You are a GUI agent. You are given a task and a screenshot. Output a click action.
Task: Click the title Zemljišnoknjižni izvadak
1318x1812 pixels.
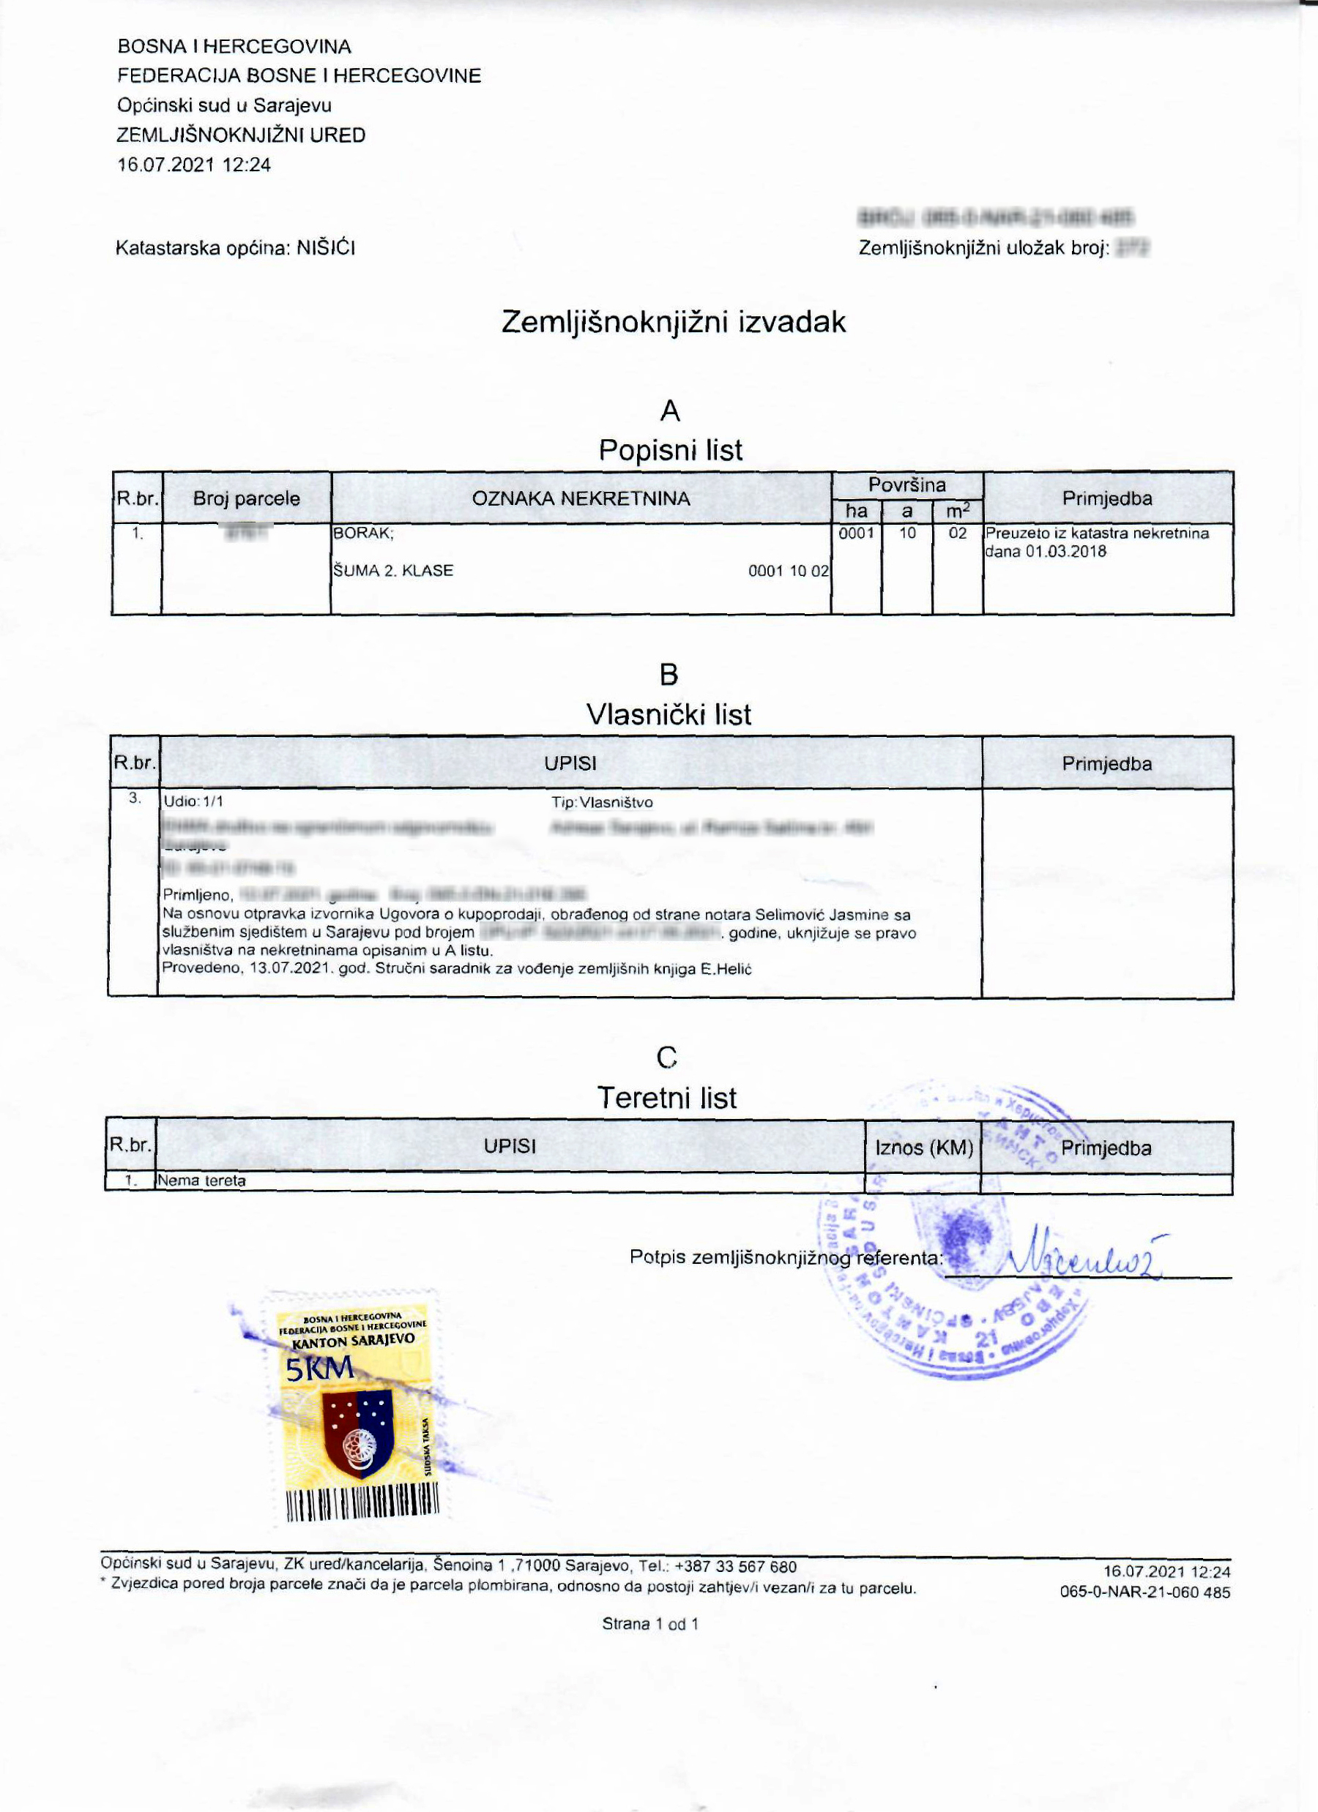pos(673,322)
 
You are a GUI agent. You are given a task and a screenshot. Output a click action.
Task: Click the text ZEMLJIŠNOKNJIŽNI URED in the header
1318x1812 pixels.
pos(242,135)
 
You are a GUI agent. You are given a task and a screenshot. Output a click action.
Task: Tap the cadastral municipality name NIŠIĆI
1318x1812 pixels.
pos(325,247)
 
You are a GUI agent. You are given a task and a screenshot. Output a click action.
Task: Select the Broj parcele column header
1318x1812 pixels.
pos(246,498)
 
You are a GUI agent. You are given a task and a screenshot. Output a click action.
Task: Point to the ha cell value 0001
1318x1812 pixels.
pos(856,533)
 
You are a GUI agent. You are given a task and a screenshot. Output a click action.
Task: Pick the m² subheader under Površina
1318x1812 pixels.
pos(957,512)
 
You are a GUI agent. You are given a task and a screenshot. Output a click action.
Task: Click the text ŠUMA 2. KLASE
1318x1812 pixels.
pos(393,570)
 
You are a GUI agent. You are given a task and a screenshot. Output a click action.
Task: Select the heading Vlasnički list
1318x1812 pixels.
pos(669,714)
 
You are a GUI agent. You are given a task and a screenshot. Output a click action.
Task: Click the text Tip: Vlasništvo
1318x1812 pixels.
pos(602,802)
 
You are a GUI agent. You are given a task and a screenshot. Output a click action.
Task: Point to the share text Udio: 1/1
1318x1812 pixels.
pos(193,801)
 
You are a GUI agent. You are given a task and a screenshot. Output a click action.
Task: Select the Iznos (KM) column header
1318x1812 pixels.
pos(923,1148)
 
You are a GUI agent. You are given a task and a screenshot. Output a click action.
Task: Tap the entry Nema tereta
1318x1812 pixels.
pos(202,1180)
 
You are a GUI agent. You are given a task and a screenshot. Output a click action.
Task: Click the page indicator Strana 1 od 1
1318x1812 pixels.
pos(649,1623)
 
